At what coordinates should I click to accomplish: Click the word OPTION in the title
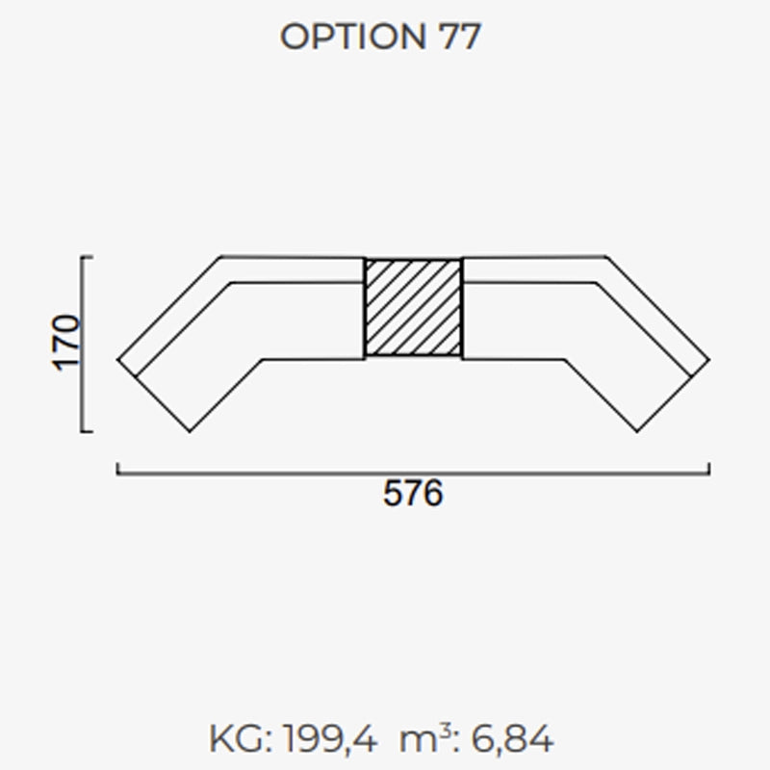tap(352, 37)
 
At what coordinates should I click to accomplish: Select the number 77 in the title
tap(460, 37)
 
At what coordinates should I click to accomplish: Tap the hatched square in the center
tap(413, 308)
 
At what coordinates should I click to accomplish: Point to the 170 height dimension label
tap(66, 344)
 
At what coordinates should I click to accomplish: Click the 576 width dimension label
tap(413, 494)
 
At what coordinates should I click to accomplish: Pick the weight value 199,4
tap(330, 739)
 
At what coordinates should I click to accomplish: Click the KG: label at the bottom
tap(241, 739)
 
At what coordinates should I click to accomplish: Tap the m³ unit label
tap(425, 738)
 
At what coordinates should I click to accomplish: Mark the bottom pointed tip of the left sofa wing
tap(190, 431)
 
